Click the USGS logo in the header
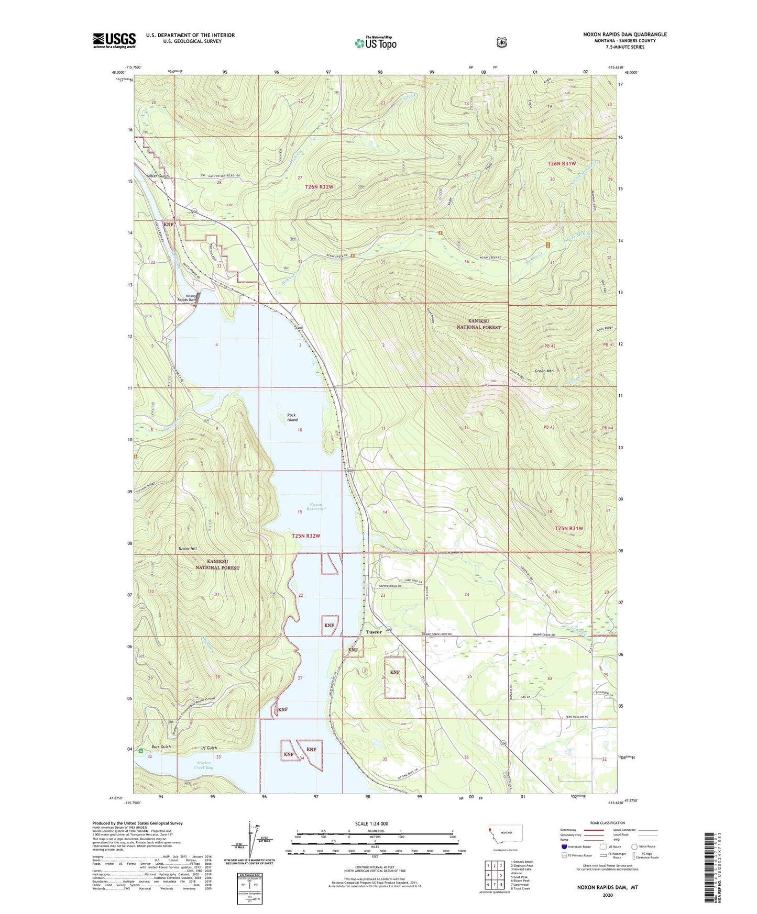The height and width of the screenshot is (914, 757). point(114,40)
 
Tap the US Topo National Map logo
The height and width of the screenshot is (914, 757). point(375,43)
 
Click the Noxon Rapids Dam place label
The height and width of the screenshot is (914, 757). point(186,298)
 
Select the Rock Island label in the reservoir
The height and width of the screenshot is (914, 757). point(292,417)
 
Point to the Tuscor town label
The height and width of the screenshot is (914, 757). point(374,632)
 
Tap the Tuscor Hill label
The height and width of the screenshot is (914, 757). point(187,549)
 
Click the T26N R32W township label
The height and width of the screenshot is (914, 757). point(319,187)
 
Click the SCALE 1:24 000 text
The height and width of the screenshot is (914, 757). point(371,823)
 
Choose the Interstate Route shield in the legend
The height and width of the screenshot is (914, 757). point(564,846)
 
